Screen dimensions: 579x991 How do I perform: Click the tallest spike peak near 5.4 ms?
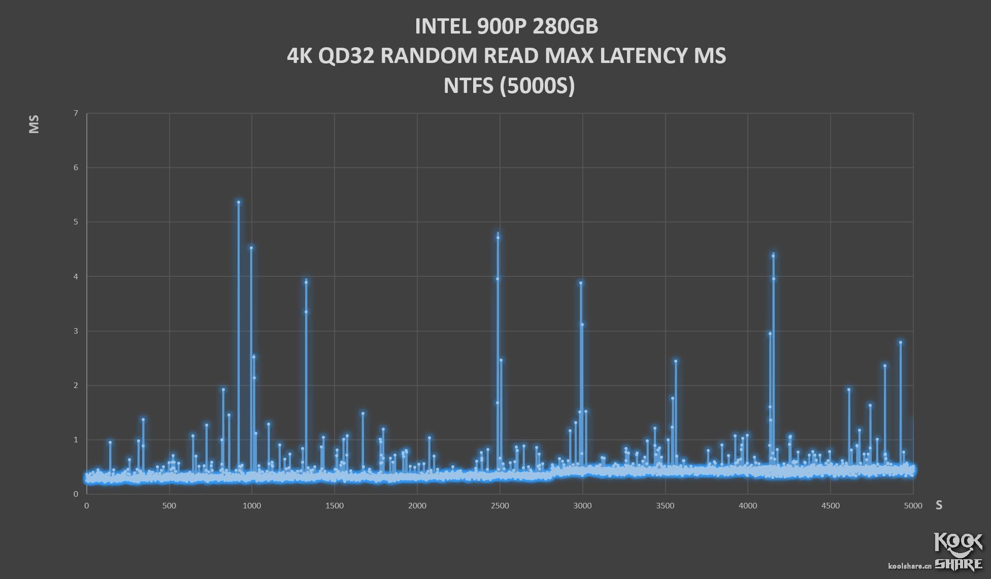point(239,202)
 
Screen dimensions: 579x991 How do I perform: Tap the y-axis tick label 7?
point(76,113)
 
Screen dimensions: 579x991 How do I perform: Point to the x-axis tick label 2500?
point(500,506)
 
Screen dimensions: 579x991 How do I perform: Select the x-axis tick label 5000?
point(912,506)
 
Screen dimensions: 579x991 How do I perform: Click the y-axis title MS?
point(34,124)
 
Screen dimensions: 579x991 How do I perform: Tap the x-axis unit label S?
point(939,505)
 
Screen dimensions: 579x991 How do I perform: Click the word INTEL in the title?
point(442,26)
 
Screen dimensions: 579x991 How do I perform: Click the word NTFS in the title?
point(469,85)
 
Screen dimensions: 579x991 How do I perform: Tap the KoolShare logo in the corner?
point(958,551)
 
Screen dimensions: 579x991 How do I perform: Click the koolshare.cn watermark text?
point(909,566)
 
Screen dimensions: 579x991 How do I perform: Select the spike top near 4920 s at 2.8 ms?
point(901,342)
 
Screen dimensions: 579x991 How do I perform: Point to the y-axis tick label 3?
point(76,331)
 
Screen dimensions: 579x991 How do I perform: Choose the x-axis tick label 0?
point(87,506)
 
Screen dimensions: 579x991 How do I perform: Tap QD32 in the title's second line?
point(346,56)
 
